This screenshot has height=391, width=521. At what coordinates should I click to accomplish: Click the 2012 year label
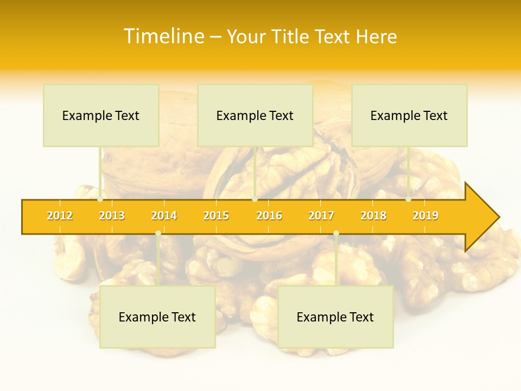60,216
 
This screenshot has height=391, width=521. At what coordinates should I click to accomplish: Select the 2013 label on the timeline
112,216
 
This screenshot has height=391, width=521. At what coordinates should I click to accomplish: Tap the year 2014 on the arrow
164,216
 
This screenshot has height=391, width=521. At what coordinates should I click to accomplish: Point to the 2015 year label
216,216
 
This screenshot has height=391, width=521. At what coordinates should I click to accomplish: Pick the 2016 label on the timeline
269,216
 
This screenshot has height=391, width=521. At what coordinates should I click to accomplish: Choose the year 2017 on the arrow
321,216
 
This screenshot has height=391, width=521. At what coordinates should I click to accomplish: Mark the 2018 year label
373,216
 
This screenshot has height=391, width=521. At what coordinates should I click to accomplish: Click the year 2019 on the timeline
425,216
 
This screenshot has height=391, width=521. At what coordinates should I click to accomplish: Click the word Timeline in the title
163,36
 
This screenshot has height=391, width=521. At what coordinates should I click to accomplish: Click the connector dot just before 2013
100,199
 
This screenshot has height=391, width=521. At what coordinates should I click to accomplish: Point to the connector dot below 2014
158,234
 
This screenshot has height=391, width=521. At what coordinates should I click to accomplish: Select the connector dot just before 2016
255,199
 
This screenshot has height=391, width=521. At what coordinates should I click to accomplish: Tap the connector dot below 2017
336,234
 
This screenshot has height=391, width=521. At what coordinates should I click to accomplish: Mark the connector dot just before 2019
408,199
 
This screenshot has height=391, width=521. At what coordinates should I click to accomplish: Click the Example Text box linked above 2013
101,115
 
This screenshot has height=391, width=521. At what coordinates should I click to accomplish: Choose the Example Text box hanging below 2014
157,317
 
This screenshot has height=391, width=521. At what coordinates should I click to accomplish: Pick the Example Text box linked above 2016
255,115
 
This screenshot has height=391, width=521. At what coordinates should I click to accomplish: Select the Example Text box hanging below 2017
335,317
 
